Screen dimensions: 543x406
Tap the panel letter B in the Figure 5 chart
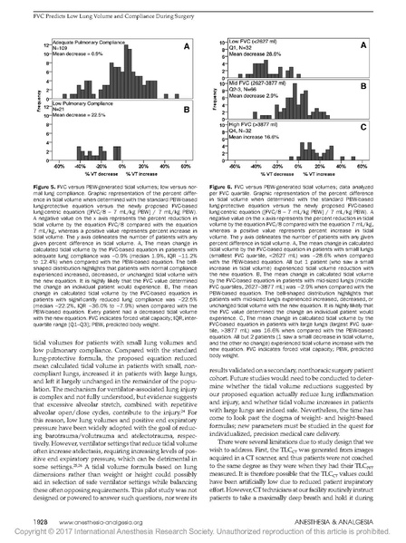point(184,110)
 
